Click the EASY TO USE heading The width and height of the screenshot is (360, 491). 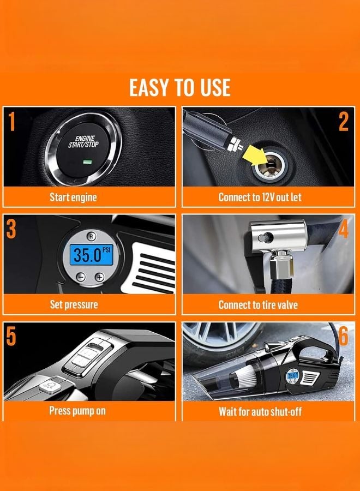(x=179, y=87)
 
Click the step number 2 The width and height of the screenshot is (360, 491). (x=343, y=122)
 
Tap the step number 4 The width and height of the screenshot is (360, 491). (x=343, y=230)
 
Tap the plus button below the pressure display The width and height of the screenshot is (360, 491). (x=99, y=277)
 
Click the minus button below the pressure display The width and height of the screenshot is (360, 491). (x=81, y=277)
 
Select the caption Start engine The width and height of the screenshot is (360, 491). (x=73, y=197)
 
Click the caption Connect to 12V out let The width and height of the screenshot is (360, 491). (x=260, y=197)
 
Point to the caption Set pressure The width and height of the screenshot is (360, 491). (x=73, y=304)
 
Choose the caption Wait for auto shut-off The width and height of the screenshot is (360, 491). (x=260, y=411)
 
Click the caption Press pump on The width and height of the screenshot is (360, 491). (x=77, y=411)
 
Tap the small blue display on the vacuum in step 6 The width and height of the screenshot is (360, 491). (x=292, y=376)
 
